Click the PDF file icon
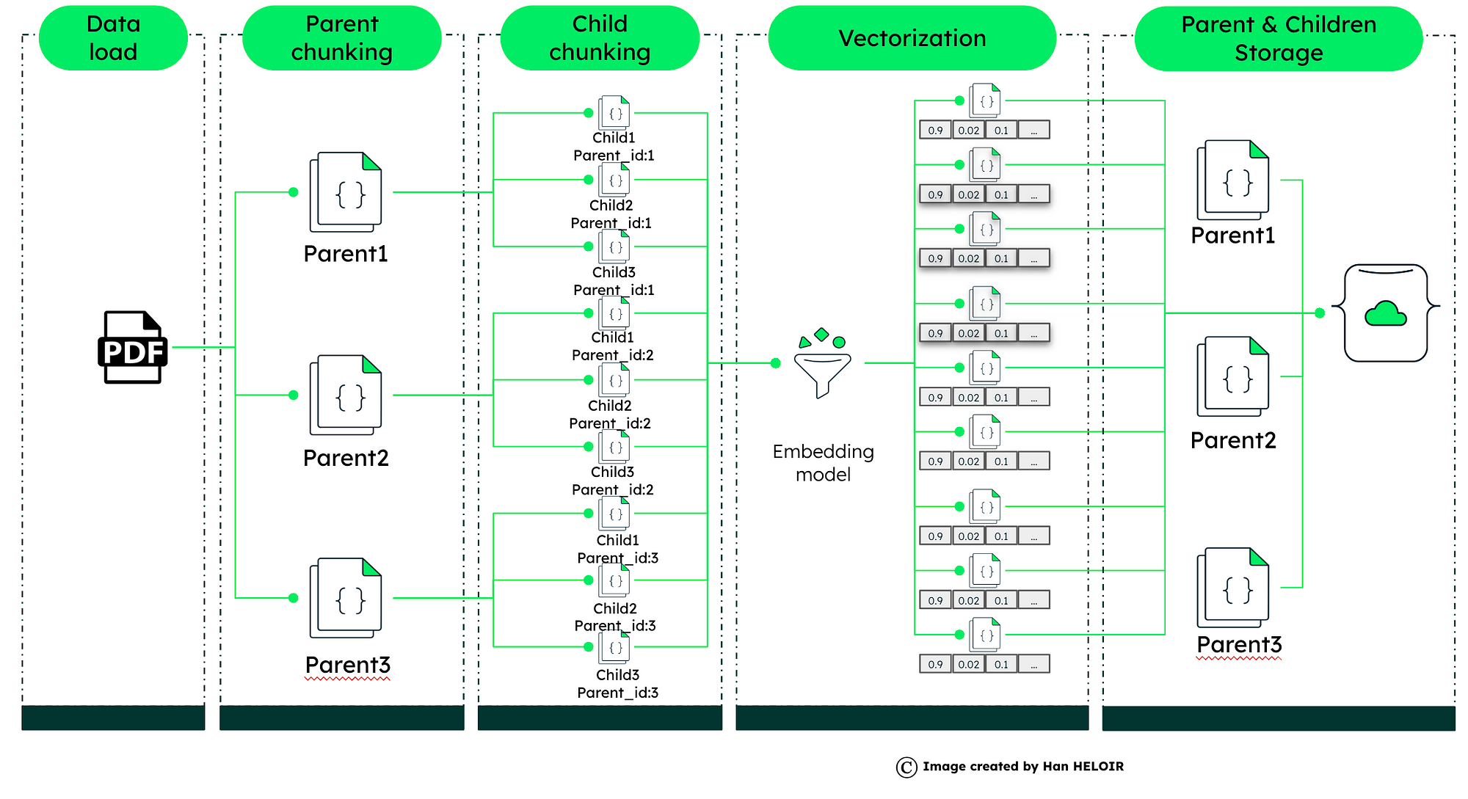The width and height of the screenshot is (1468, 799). tap(132, 348)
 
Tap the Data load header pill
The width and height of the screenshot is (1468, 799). tap(113, 38)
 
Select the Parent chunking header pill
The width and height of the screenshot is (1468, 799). tap(341, 38)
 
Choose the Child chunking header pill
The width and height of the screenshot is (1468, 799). tap(600, 38)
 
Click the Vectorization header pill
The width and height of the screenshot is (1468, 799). tap(912, 38)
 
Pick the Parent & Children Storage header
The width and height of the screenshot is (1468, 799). tap(1278, 39)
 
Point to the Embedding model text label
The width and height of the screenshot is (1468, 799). tap(823, 463)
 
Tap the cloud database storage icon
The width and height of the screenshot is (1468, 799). tap(1385, 313)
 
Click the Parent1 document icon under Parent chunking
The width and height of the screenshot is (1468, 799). tap(346, 192)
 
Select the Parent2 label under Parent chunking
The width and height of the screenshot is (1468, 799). tap(346, 459)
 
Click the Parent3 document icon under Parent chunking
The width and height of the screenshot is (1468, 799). tap(346, 598)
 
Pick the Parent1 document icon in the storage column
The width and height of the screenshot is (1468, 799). tap(1233, 180)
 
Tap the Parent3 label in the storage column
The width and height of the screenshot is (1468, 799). tap(1239, 645)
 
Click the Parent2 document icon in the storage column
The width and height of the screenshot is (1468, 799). tap(1233, 377)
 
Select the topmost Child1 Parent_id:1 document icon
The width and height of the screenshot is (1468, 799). tap(614, 113)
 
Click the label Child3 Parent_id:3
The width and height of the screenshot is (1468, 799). tap(617, 684)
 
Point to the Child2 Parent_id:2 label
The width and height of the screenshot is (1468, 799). tap(610, 415)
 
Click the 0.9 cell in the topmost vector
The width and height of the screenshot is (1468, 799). tap(935, 131)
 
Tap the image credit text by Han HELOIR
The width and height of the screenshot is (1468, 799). tap(1022, 767)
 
